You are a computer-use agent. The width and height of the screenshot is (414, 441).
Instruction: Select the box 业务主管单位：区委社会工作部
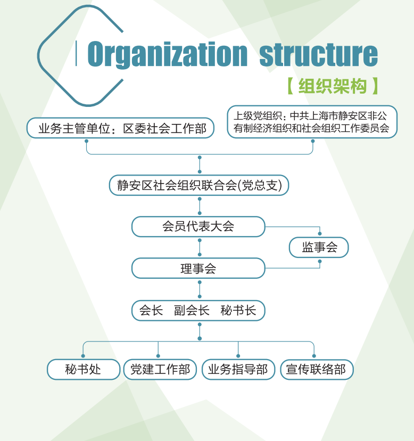(x=120, y=128)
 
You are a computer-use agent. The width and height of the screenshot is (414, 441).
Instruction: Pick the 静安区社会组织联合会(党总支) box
(x=200, y=185)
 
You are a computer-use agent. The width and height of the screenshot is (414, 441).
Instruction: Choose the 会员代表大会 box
(x=198, y=227)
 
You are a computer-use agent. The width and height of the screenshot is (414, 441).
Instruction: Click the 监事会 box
(x=319, y=247)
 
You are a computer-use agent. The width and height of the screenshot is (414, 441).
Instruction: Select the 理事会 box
(x=198, y=268)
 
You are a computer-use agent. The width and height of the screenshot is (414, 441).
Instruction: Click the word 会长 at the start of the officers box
(x=151, y=311)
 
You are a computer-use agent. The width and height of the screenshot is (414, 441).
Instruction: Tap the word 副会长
(x=192, y=311)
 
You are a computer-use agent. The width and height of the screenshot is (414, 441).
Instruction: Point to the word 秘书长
(x=238, y=311)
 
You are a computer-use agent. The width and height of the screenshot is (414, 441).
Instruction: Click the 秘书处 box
(x=83, y=369)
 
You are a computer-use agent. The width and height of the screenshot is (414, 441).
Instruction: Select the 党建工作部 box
(x=160, y=369)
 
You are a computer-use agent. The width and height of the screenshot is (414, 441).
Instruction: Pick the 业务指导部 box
(x=238, y=369)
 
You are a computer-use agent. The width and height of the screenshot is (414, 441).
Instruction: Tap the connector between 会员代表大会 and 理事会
(x=200, y=247)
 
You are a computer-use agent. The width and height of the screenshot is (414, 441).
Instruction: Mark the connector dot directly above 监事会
(x=320, y=234)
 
